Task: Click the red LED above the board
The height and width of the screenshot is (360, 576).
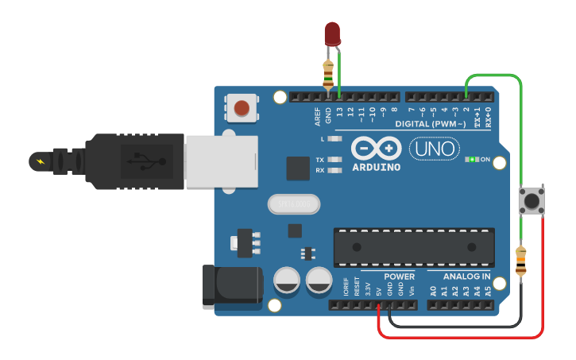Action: click(x=332, y=33)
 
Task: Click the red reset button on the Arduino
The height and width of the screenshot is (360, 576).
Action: click(x=242, y=107)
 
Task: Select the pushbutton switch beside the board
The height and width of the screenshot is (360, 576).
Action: click(x=531, y=199)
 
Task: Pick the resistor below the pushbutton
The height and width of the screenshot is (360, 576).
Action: click(x=521, y=263)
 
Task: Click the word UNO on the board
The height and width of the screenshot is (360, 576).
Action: click(x=434, y=148)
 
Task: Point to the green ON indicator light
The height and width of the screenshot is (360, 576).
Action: click(x=471, y=159)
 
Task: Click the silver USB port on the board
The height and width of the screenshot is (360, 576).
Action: click(x=222, y=161)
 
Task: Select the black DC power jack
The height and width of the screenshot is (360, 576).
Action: click(x=231, y=287)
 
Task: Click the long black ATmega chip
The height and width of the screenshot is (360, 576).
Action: click(x=414, y=247)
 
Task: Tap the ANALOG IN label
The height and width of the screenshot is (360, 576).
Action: click(x=466, y=277)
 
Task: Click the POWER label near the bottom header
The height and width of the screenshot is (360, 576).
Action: click(x=399, y=277)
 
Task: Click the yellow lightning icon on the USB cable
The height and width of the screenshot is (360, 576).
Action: click(x=38, y=161)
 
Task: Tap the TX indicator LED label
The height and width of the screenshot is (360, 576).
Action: click(x=320, y=159)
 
